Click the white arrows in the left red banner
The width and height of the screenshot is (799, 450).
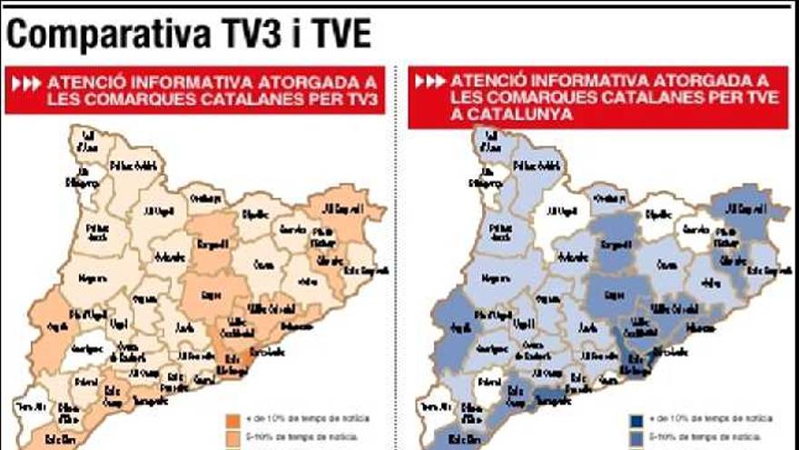click(26, 84)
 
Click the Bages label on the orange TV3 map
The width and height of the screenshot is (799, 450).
click(212, 295)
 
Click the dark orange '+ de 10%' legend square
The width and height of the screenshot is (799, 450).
click(232, 420)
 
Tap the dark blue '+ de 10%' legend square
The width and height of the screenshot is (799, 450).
click(636, 420)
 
